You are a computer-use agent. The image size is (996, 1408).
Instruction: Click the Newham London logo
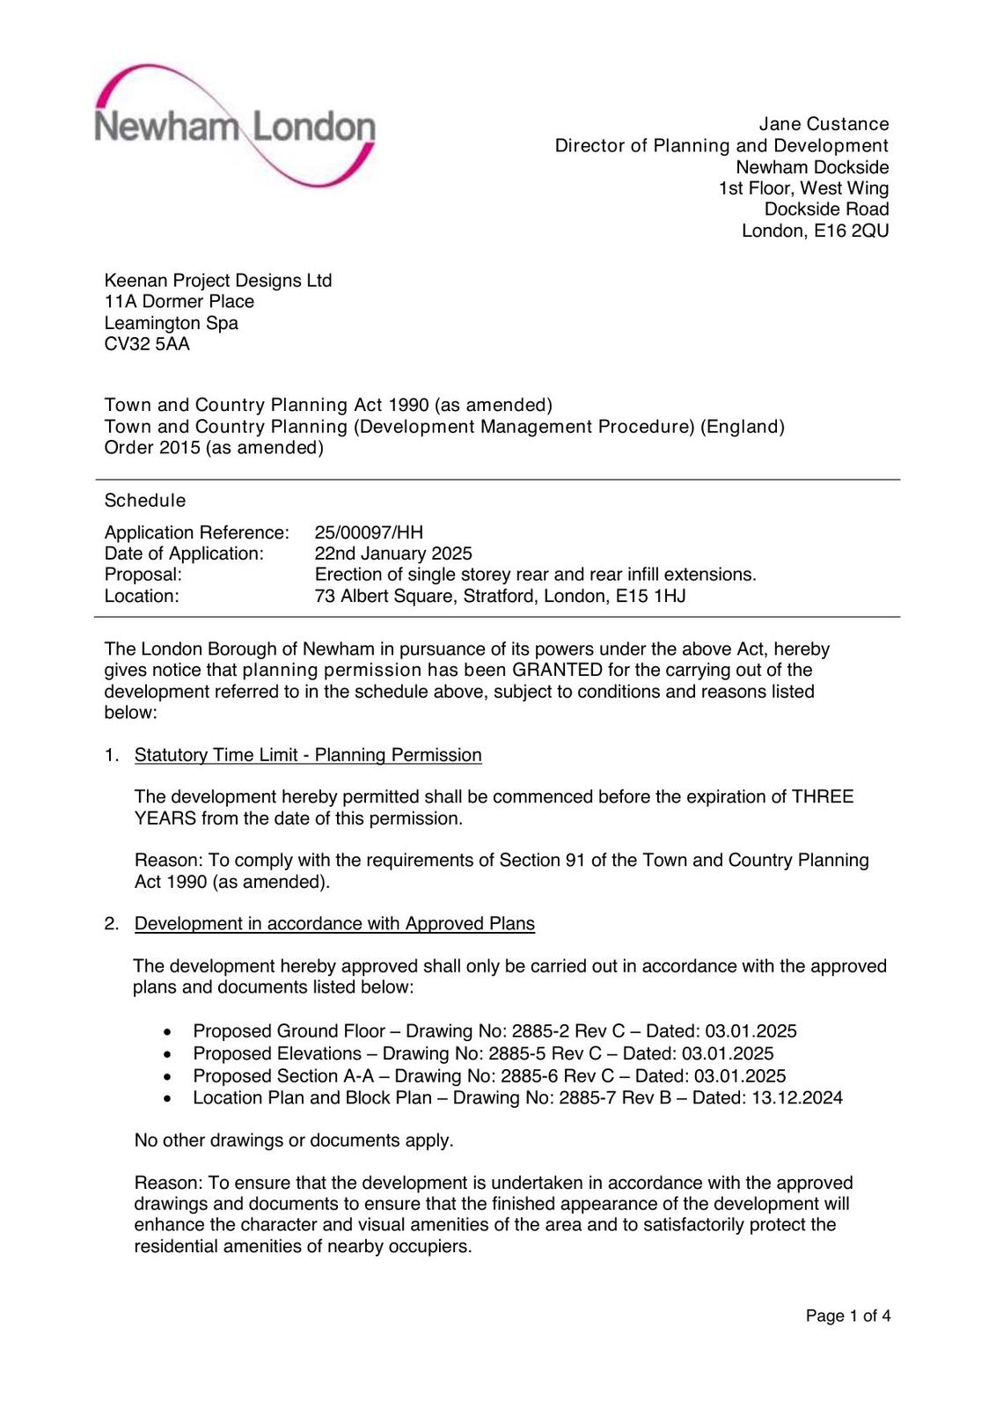[x=235, y=126]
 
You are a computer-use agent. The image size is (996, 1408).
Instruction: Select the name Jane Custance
[x=824, y=124]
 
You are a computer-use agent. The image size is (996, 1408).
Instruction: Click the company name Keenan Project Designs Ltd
[x=218, y=281]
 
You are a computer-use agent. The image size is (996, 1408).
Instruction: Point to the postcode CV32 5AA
[x=147, y=344]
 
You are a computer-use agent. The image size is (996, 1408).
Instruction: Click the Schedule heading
[x=145, y=501]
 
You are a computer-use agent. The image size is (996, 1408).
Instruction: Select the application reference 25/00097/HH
[x=369, y=532]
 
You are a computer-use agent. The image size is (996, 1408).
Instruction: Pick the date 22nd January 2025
[x=393, y=554]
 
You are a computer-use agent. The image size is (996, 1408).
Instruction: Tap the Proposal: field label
[x=143, y=575]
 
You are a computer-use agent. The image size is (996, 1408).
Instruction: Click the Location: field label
[x=142, y=596]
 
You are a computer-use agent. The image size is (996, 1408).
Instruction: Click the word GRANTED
[x=557, y=671]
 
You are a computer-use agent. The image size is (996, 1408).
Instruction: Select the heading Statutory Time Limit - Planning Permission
[x=308, y=755]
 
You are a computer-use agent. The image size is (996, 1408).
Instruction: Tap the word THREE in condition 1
[x=823, y=797]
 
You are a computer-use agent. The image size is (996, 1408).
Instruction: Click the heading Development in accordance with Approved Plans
[x=334, y=924]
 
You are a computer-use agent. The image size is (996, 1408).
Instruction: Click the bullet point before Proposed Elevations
[x=168, y=1054]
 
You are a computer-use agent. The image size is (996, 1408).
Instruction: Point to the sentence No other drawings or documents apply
[x=294, y=1140]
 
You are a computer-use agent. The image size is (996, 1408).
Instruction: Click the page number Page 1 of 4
[x=848, y=1316]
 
